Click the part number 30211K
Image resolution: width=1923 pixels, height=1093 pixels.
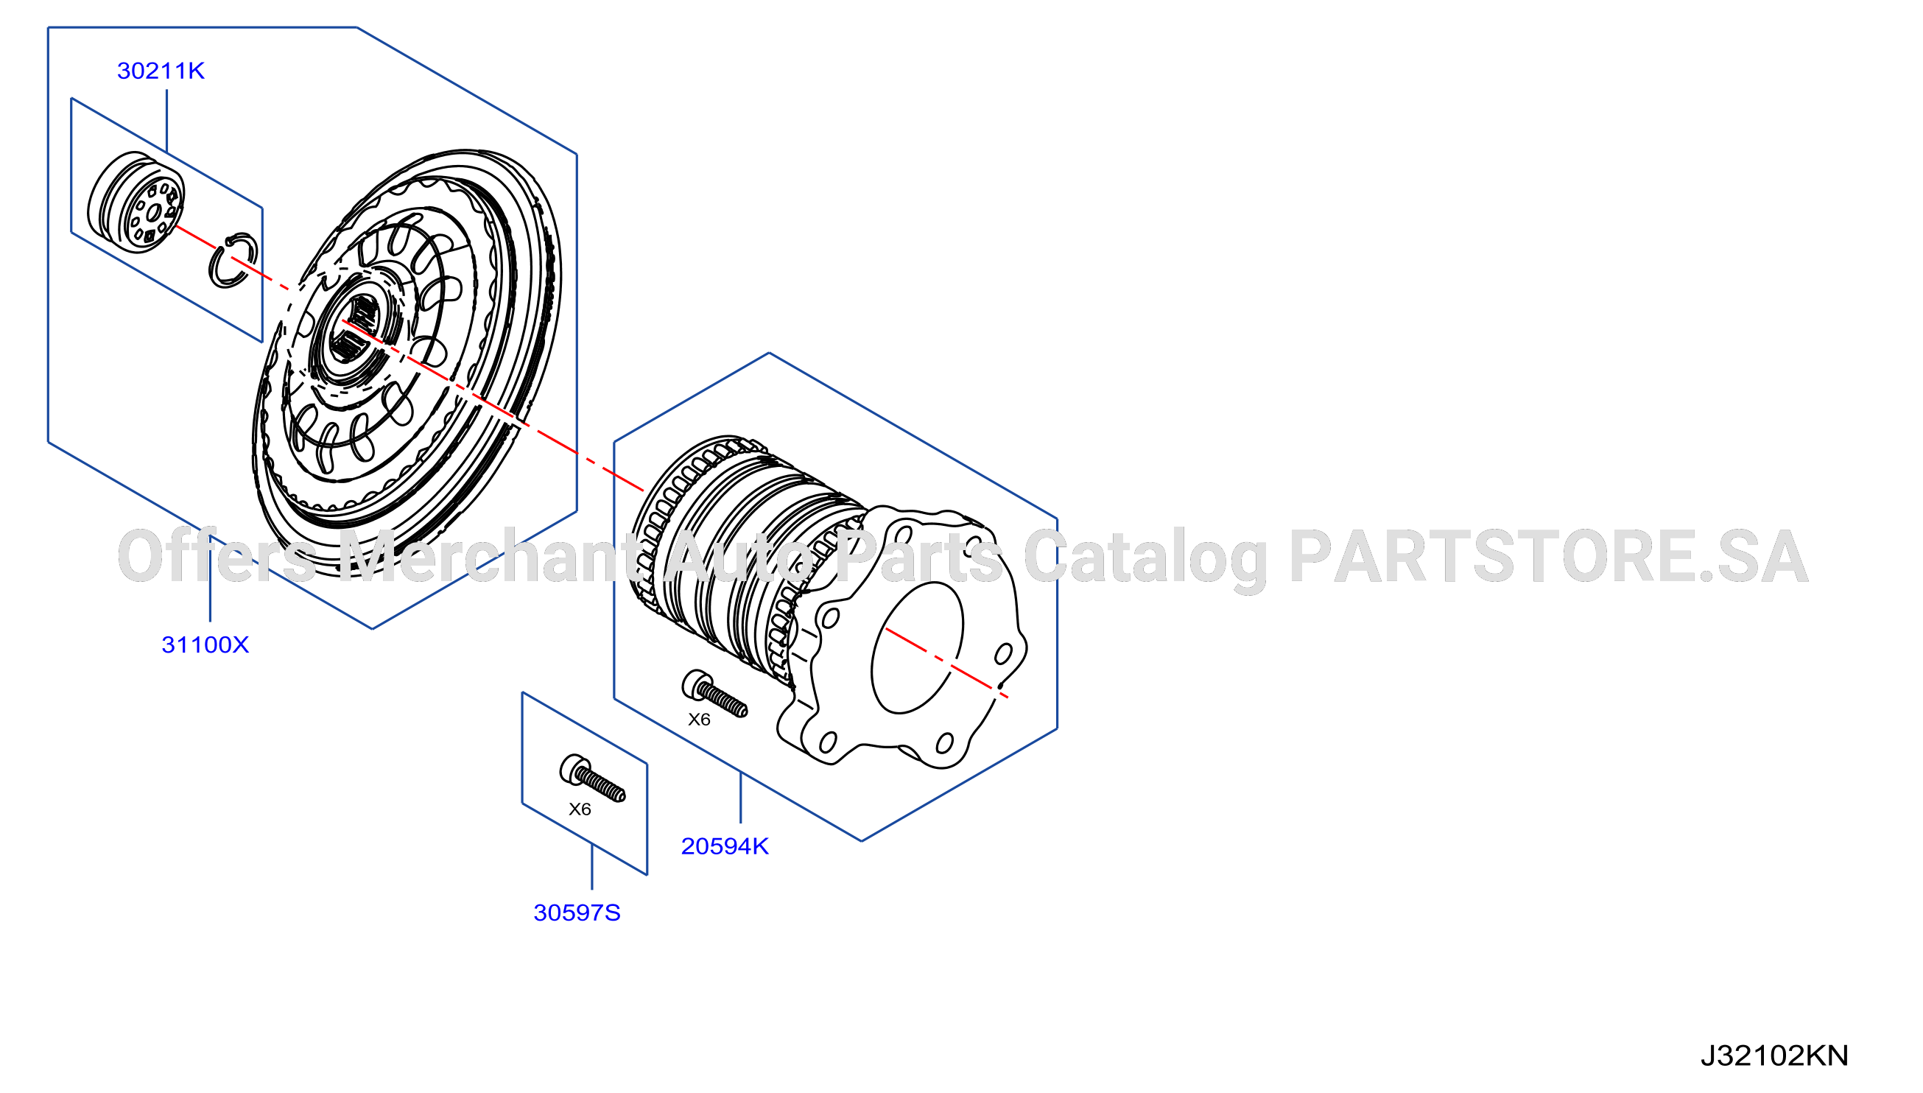pos(161,71)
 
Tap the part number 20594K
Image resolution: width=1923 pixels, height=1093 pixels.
pos(724,847)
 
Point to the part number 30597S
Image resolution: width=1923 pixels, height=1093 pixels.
pos(577,913)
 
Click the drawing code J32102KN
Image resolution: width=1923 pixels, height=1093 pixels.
pos(1773,1056)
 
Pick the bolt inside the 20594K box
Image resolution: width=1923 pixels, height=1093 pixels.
pos(714,695)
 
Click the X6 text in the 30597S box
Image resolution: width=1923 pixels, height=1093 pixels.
pos(580,809)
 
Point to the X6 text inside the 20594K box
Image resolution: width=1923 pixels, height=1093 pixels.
pos(699,720)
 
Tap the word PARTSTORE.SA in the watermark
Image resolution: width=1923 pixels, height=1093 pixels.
pos(1547,557)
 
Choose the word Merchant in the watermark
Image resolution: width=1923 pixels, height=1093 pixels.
pos(486,556)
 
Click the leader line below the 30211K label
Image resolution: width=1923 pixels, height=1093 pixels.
pos(166,122)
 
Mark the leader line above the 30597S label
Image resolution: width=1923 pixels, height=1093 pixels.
pos(592,867)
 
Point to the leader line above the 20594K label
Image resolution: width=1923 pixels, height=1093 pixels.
pos(741,797)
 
